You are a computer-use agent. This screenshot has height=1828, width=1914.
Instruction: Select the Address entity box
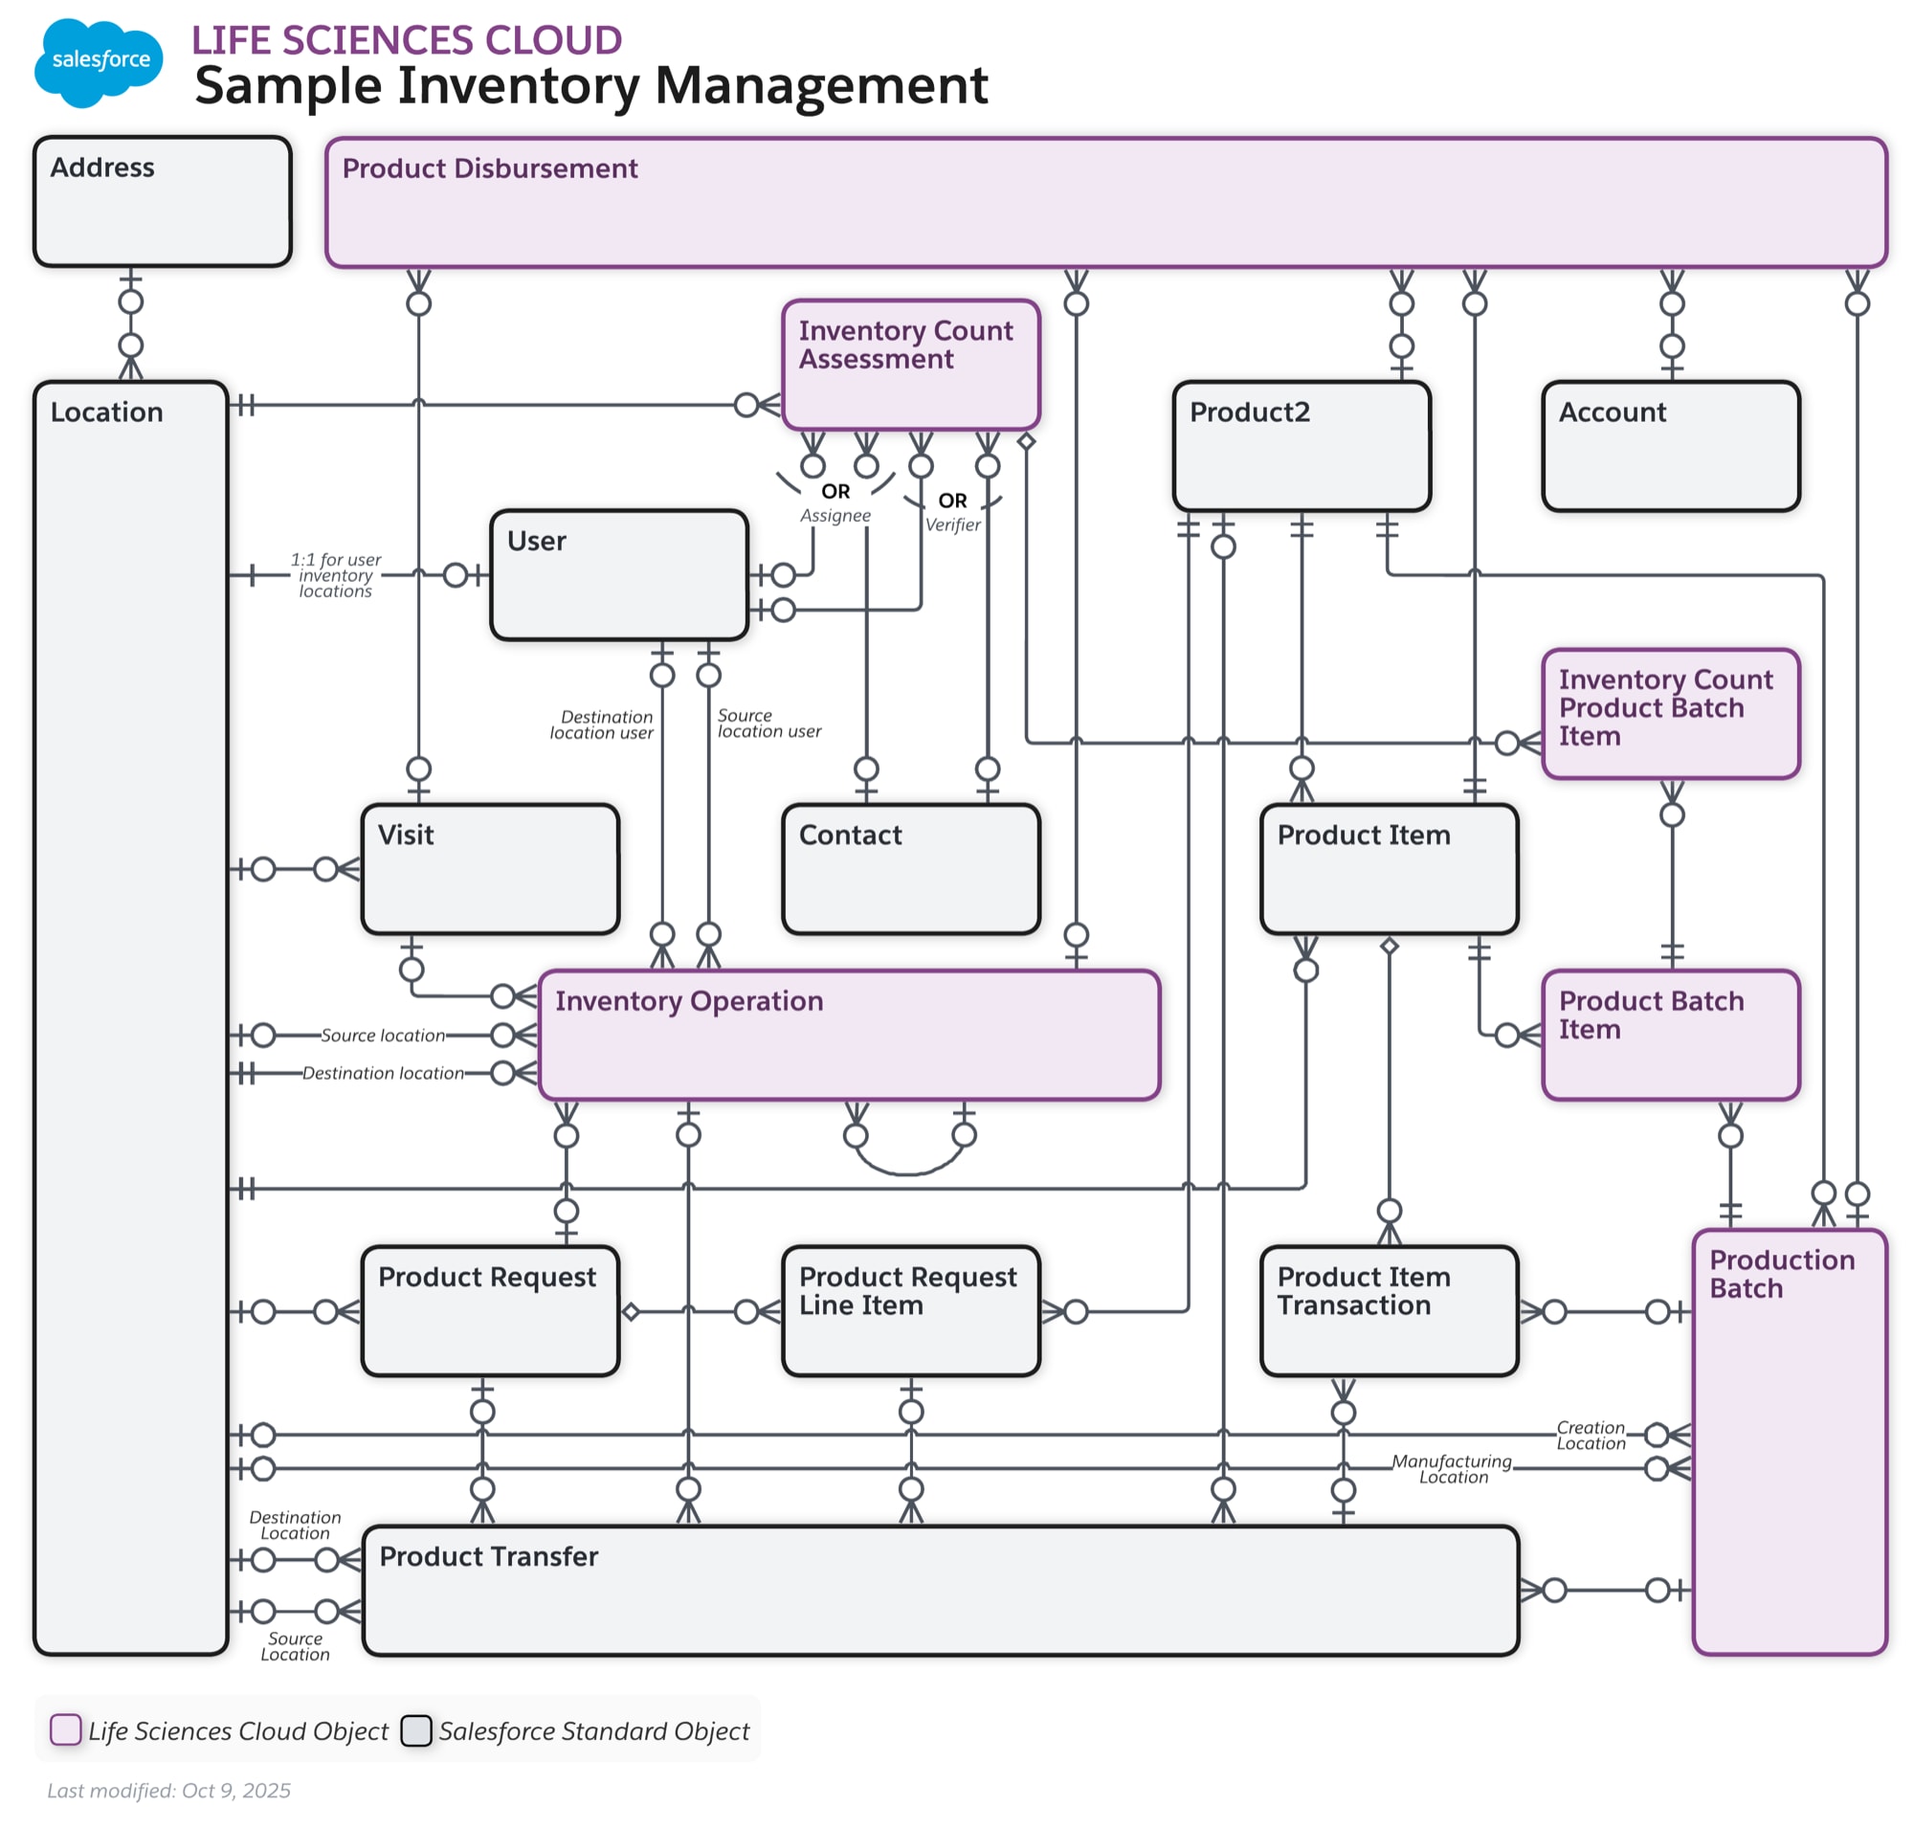point(162,201)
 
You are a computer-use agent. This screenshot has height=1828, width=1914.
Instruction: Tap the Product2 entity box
point(1300,445)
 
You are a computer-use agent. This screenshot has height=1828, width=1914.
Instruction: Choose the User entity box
point(618,574)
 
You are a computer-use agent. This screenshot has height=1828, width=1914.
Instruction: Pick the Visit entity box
point(489,867)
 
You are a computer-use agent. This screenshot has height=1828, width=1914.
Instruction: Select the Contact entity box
point(909,867)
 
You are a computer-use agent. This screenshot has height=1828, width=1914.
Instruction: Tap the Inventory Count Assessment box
point(909,364)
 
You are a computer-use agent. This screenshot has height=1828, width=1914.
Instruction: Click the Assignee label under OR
point(835,515)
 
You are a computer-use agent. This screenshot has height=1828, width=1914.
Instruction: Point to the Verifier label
point(951,524)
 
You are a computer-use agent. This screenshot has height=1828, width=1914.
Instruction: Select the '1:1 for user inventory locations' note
point(335,574)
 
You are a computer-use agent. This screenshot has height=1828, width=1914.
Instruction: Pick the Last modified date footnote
point(168,1789)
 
